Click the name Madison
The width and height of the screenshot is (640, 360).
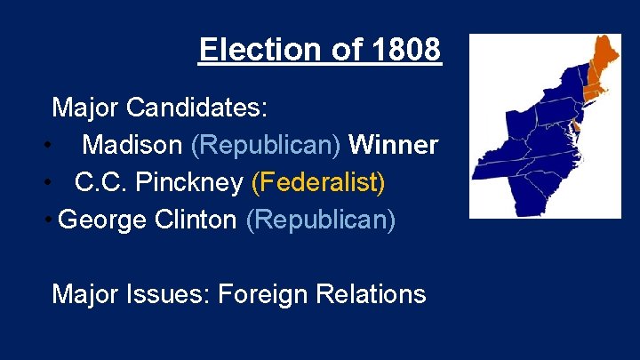pyautogui.click(x=132, y=145)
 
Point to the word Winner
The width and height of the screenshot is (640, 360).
pyautogui.click(x=394, y=145)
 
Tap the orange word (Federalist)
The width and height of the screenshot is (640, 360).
pyautogui.click(x=318, y=182)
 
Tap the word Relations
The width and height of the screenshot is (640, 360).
pyautogui.click(x=377, y=293)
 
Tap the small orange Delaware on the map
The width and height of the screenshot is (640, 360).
pyautogui.click(x=575, y=130)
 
